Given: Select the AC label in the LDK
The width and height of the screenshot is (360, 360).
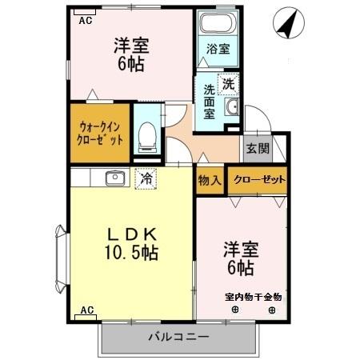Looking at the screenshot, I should (x=87, y=310).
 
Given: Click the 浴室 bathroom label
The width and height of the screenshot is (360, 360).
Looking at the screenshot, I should (x=218, y=49).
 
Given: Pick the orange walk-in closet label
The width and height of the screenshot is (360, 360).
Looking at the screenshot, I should (x=101, y=133).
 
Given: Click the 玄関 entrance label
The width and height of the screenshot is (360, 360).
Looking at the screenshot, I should (x=256, y=149).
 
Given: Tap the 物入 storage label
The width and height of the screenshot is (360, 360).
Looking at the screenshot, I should (x=210, y=180).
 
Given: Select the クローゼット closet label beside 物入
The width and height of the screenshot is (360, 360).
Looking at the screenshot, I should (x=256, y=180).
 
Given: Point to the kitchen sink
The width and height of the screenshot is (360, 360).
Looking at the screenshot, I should (x=113, y=178).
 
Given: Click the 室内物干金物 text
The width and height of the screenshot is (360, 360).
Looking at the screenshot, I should (x=253, y=297).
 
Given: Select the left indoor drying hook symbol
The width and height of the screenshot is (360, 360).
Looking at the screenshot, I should (x=235, y=310).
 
